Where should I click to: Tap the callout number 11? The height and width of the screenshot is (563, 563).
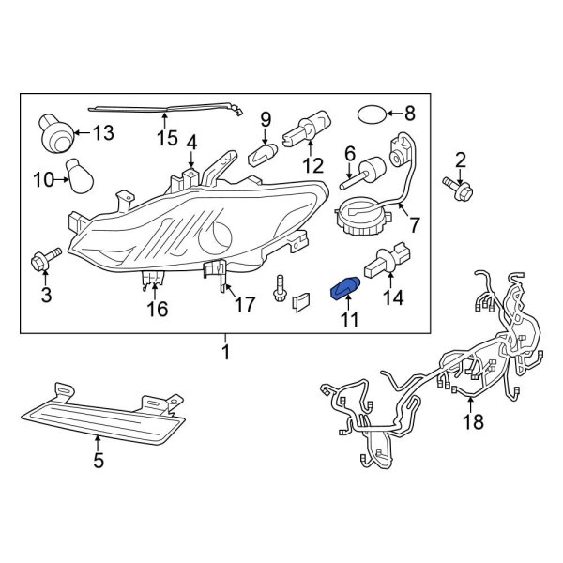(349, 321)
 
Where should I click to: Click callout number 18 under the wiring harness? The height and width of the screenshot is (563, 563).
(473, 421)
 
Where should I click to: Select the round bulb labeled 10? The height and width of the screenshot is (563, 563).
(82, 174)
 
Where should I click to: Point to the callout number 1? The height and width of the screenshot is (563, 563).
(225, 353)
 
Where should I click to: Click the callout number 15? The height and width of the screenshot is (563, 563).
(166, 139)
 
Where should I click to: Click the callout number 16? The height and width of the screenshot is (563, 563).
(157, 310)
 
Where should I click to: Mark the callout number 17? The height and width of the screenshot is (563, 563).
(244, 304)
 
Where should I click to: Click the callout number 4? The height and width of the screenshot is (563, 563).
(191, 143)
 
